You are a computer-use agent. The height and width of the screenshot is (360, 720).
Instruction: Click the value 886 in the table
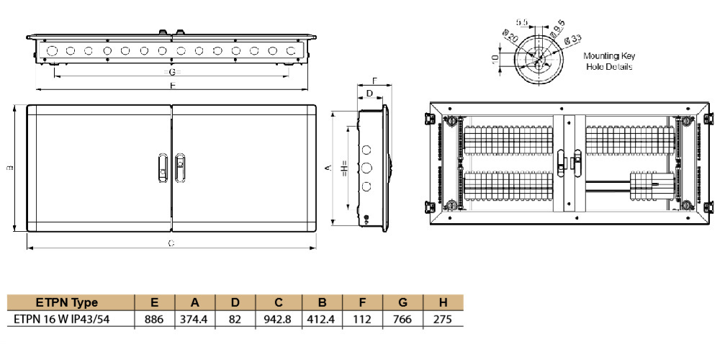click(155, 319)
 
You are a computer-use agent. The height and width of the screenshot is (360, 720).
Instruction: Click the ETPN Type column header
click(67, 302)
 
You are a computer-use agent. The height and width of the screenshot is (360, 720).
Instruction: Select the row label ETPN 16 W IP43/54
click(68, 319)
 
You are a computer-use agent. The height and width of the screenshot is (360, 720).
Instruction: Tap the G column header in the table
click(403, 302)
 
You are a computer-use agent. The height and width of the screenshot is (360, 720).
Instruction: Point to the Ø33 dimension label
click(572, 37)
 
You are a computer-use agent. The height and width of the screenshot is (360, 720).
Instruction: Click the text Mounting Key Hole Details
click(608, 61)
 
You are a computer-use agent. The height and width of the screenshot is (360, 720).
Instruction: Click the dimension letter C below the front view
click(171, 243)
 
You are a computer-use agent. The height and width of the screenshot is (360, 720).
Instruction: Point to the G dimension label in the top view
click(171, 73)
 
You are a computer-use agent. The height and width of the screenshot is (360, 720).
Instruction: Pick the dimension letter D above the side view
click(369, 94)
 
